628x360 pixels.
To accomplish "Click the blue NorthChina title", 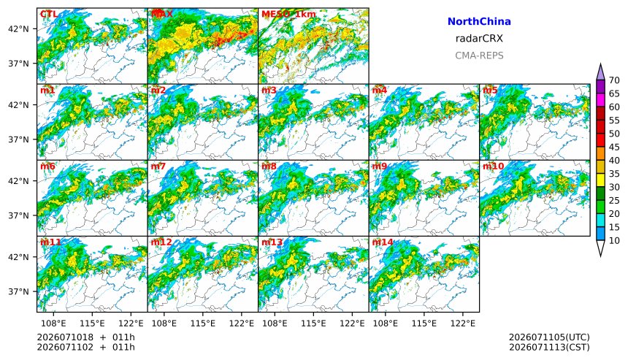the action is click(x=479, y=22).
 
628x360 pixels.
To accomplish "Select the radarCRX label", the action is click(x=479, y=39).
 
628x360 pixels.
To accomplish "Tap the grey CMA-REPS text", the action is click(x=479, y=55).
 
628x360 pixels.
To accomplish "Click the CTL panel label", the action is click(x=48, y=15).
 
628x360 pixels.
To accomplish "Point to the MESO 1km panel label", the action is click(x=288, y=15).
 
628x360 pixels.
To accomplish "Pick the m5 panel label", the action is click(x=490, y=90).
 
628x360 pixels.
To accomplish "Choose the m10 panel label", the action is click(x=493, y=166).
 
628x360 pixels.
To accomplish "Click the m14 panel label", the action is click(x=383, y=242).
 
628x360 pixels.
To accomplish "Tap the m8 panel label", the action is click(x=269, y=166).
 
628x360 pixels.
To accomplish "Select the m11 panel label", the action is click(x=50, y=242).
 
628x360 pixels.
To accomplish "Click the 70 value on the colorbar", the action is click(x=614, y=80).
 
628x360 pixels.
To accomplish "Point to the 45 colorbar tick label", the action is click(x=614, y=148).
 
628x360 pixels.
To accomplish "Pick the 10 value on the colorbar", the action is click(x=614, y=241).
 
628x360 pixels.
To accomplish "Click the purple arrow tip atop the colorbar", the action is click(x=600, y=64).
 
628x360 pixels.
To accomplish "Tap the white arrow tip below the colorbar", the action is click(x=600, y=256).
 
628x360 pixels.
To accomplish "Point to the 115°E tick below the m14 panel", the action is click(x=424, y=323).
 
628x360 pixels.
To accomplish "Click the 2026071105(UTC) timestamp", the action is click(x=549, y=337).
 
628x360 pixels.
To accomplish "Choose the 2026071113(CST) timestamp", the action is click(x=549, y=347).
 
